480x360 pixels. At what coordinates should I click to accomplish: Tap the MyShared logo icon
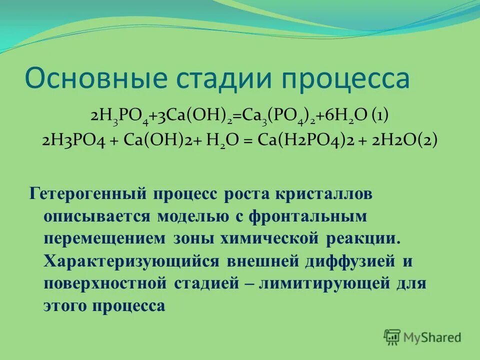tap(392, 336)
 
